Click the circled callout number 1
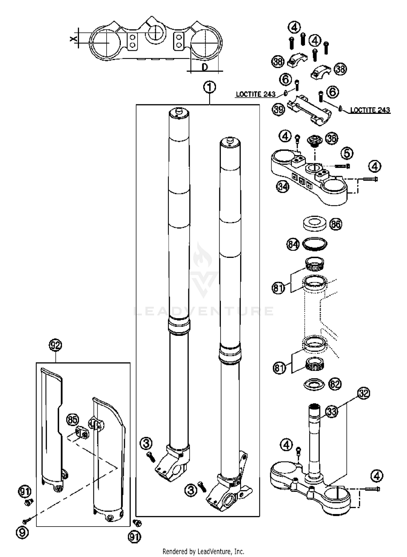(209, 87)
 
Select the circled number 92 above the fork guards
(55, 345)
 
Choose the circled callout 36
(332, 138)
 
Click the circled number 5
(347, 153)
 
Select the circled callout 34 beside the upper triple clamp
(283, 186)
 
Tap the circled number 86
(336, 224)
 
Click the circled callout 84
(293, 245)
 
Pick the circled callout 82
(335, 384)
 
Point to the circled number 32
(364, 393)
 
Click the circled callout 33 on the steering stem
(331, 411)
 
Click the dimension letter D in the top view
(205, 67)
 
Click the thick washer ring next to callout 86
(314, 224)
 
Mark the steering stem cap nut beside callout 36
(314, 141)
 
